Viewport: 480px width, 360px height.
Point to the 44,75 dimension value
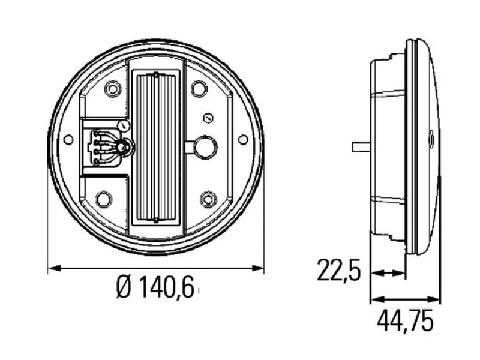click(x=405, y=322)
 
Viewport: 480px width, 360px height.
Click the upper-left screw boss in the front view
click(x=110, y=89)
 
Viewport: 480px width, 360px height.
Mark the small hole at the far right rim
click(x=242, y=139)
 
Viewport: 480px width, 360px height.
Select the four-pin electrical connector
click(x=99, y=146)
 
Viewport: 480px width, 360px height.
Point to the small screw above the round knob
click(x=208, y=117)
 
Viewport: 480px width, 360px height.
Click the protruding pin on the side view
click(x=359, y=146)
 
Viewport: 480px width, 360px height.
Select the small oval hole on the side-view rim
click(x=430, y=140)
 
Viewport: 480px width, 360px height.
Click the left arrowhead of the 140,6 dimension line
click(x=51, y=268)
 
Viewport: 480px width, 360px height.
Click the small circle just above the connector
click(x=124, y=126)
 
